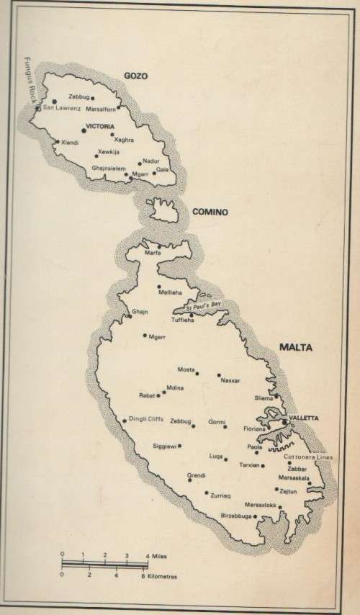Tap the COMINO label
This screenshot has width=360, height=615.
(210, 212)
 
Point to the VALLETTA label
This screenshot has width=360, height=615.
(303, 418)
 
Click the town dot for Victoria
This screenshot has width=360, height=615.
(84, 129)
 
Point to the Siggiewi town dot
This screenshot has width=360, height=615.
(179, 446)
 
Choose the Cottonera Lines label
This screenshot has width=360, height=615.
(309, 457)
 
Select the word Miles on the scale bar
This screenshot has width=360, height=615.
(163, 555)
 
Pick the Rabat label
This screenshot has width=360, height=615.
(146, 395)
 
